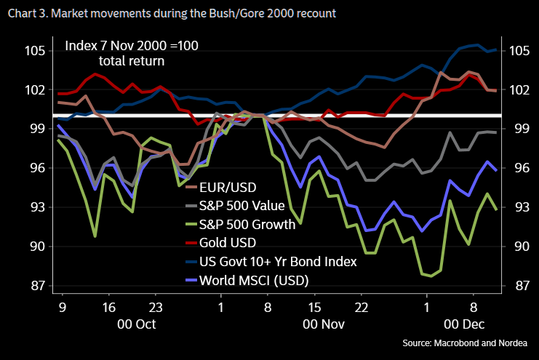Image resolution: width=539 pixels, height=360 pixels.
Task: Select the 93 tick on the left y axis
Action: tap(37, 207)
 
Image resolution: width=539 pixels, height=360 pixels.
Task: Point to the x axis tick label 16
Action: tap(109, 307)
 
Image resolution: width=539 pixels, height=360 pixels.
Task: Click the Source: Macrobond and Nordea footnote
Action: tap(465, 343)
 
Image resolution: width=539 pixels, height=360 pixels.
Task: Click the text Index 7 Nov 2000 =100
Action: tap(132, 47)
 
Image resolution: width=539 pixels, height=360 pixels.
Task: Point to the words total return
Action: tap(132, 62)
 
